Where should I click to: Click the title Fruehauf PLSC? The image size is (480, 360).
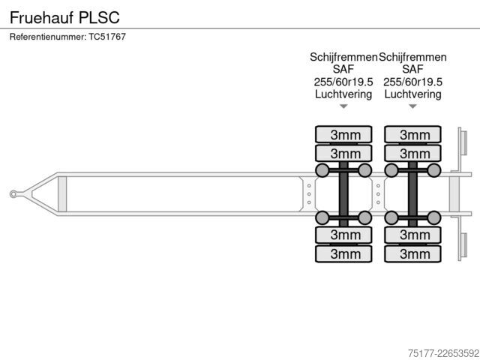pyautogui.click(x=64, y=17)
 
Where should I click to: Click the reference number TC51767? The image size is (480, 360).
pyautogui.click(x=107, y=37)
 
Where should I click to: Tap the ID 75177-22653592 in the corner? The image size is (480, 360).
pyautogui.click(x=443, y=353)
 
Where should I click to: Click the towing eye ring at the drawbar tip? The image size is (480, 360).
pyautogui.click(x=13, y=194)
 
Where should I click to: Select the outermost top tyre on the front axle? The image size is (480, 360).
pyautogui.click(x=343, y=134)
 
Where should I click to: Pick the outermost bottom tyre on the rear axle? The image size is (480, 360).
pyautogui.click(x=412, y=253)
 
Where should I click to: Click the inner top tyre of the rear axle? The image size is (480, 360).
pyautogui.click(x=412, y=153)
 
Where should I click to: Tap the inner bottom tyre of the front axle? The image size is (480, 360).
pyautogui.click(x=343, y=235)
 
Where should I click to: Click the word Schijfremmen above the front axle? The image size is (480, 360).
pyautogui.click(x=343, y=57)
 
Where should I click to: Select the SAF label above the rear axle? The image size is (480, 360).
pyautogui.click(x=412, y=70)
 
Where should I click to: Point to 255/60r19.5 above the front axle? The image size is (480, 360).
pyautogui.click(x=343, y=82)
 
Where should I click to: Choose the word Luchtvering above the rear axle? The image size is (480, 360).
pyautogui.click(x=412, y=94)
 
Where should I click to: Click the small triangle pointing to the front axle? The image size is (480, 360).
pyautogui.click(x=343, y=106)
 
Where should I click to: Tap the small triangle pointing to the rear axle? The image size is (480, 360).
pyautogui.click(x=412, y=106)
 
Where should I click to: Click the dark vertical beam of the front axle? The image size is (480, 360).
pyautogui.click(x=343, y=194)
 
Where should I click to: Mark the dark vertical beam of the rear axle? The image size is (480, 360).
pyautogui.click(x=412, y=194)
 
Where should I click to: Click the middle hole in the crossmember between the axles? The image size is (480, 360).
pyautogui.click(x=378, y=194)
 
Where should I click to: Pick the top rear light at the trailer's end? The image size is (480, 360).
pyautogui.click(x=463, y=142)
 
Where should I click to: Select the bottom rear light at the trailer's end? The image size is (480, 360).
pyautogui.click(x=463, y=245)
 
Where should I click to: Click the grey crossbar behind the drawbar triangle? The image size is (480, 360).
pyautogui.click(x=62, y=194)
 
